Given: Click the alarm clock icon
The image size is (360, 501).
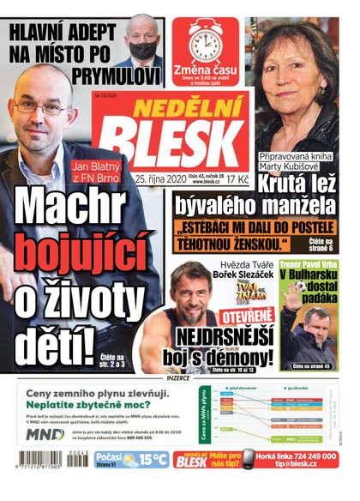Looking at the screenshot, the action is click(206, 41).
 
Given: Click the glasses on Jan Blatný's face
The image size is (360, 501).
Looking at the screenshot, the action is click(41, 106).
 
